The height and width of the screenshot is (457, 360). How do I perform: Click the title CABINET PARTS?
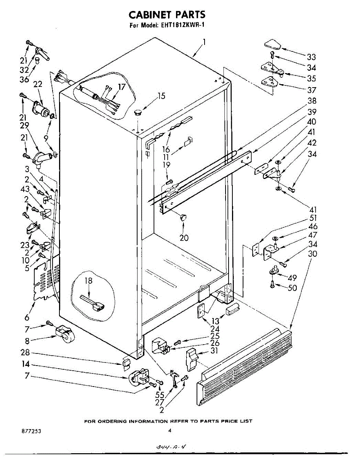(x=167, y=14)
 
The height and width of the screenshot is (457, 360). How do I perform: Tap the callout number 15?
(x=162, y=96)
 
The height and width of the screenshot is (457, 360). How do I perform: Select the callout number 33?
(x=312, y=57)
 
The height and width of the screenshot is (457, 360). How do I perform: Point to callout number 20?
(x=184, y=238)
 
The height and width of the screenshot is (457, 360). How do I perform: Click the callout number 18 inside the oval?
(x=88, y=281)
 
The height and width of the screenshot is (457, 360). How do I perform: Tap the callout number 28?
(x=25, y=353)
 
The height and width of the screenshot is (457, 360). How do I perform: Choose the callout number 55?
(x=160, y=395)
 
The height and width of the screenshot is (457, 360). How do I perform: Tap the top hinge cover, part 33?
(x=273, y=44)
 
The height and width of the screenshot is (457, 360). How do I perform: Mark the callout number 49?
(x=293, y=278)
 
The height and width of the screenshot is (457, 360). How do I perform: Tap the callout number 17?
(x=122, y=87)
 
